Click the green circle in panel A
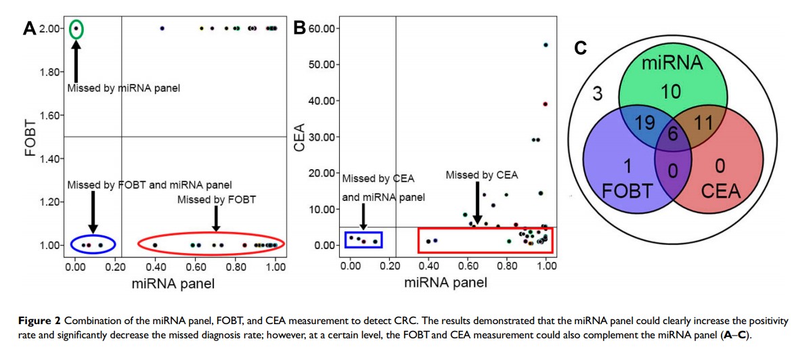click(x=76, y=28)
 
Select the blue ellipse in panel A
click(x=93, y=244)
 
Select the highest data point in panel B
click(x=546, y=45)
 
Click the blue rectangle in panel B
click(x=363, y=240)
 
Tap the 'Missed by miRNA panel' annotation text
click(x=123, y=88)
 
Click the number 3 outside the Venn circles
click(x=597, y=93)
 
